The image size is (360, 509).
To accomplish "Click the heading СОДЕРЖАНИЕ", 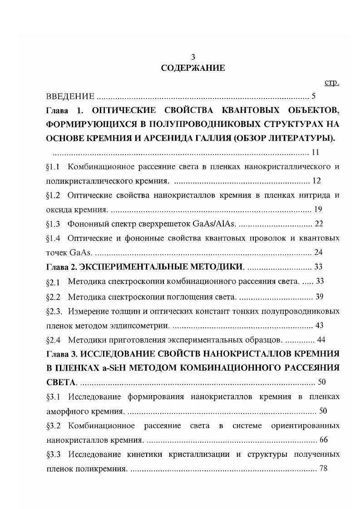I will coord(193,69).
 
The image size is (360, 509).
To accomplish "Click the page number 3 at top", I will coord(193,57).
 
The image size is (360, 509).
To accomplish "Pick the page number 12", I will coord(316,181).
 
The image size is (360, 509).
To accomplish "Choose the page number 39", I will coord(319,297).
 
